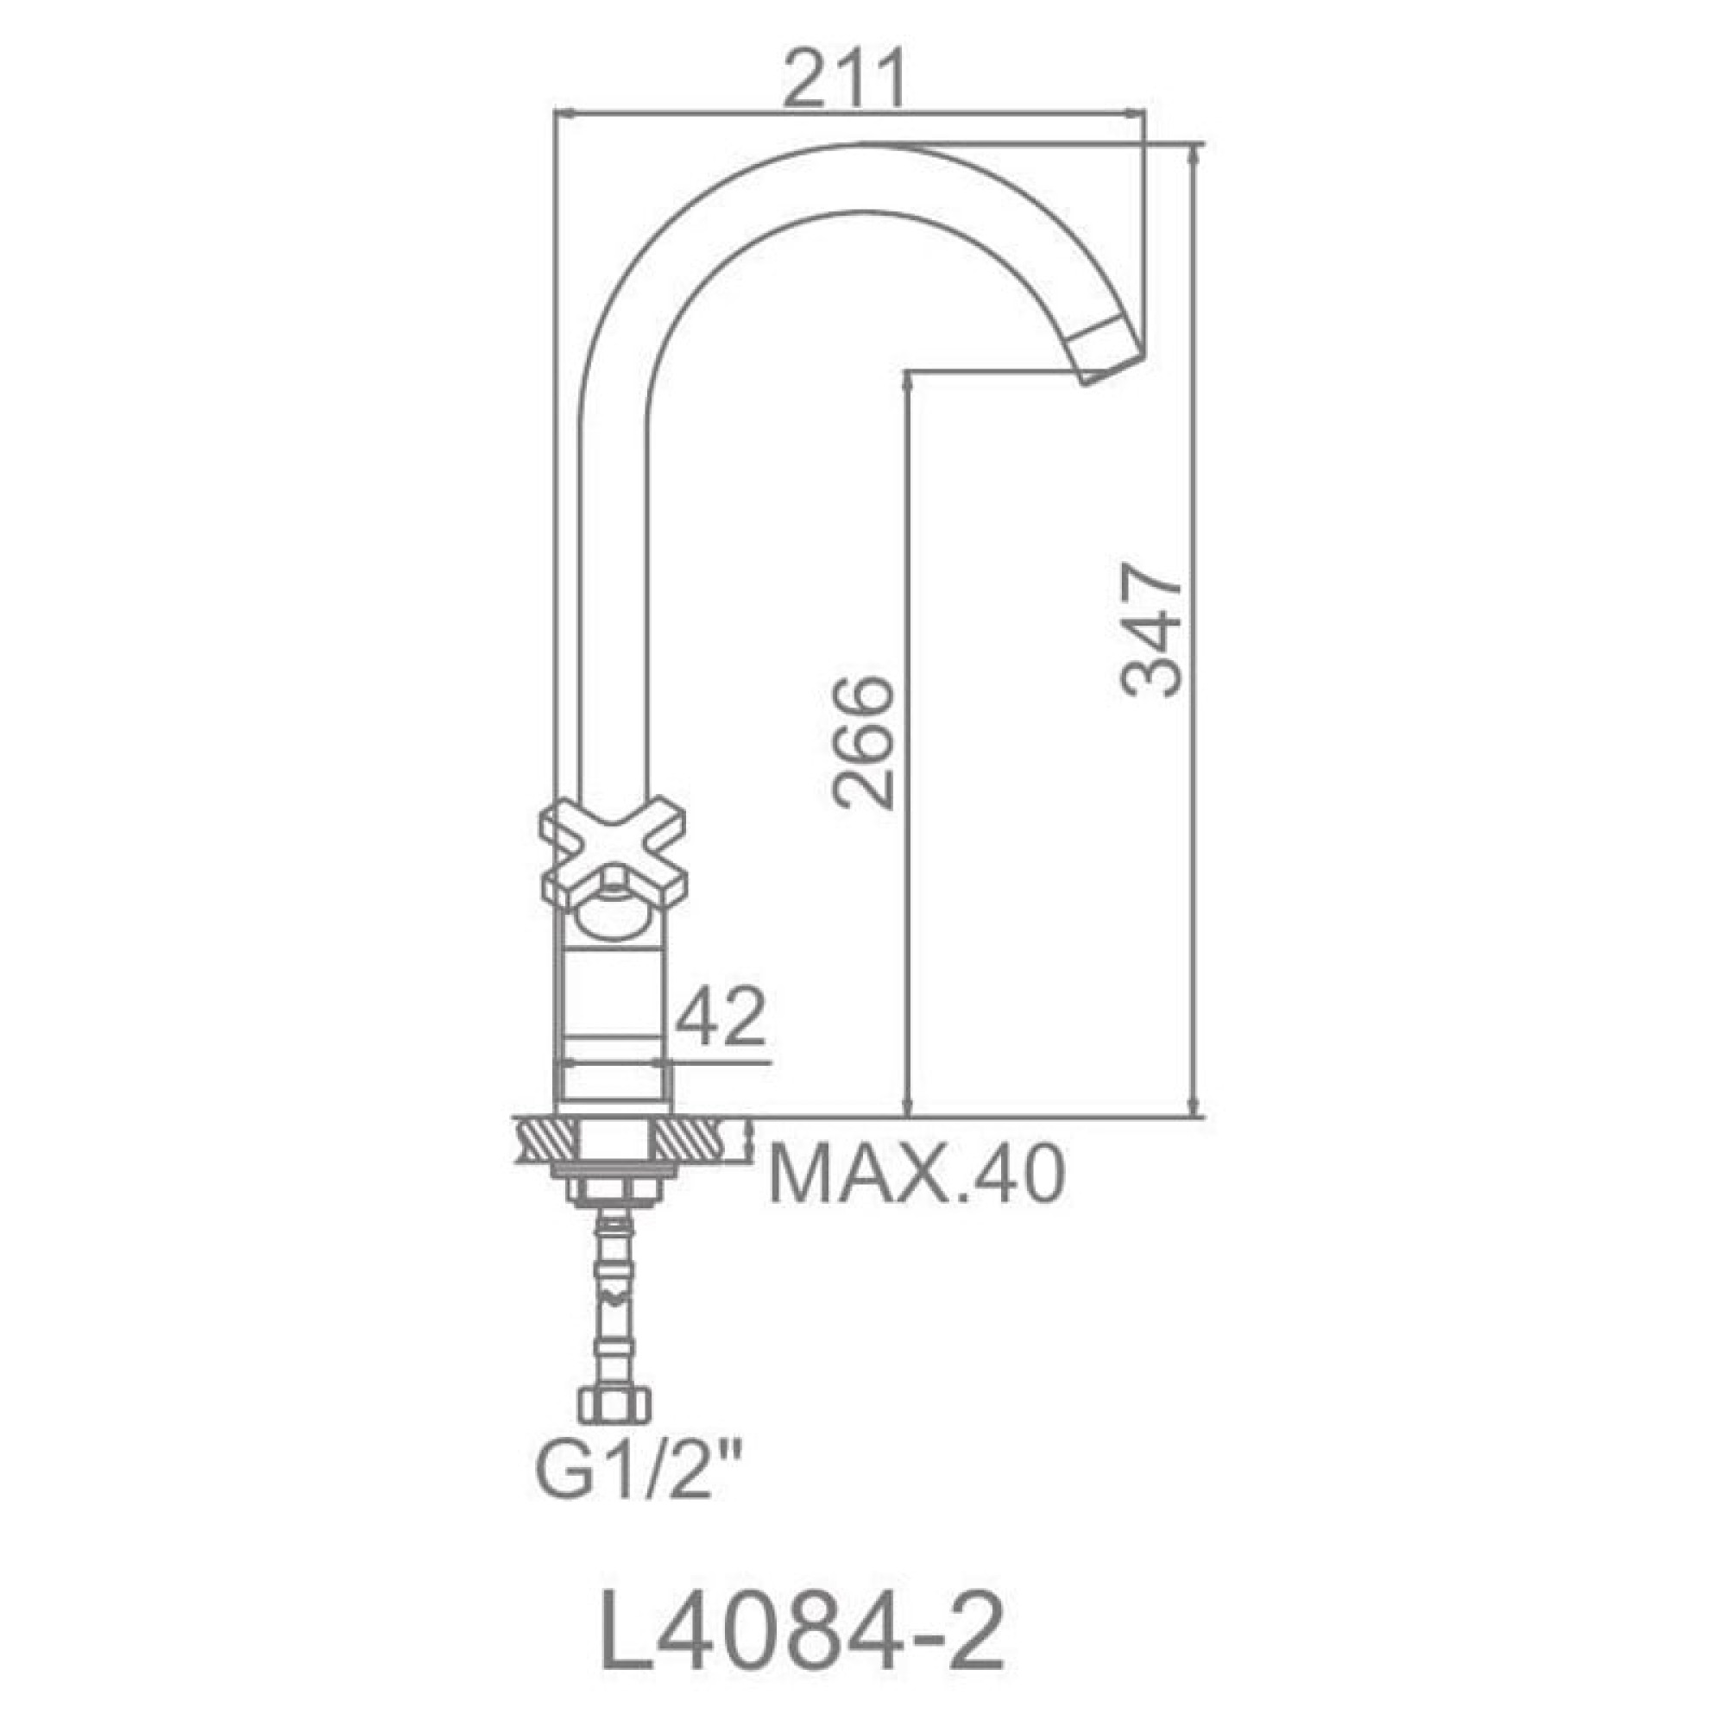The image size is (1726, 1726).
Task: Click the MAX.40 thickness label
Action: tap(917, 1176)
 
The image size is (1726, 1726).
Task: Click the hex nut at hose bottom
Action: tap(614, 1405)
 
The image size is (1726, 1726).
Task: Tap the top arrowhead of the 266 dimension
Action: tap(908, 381)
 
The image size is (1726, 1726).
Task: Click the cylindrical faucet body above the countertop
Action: tap(613, 1027)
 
